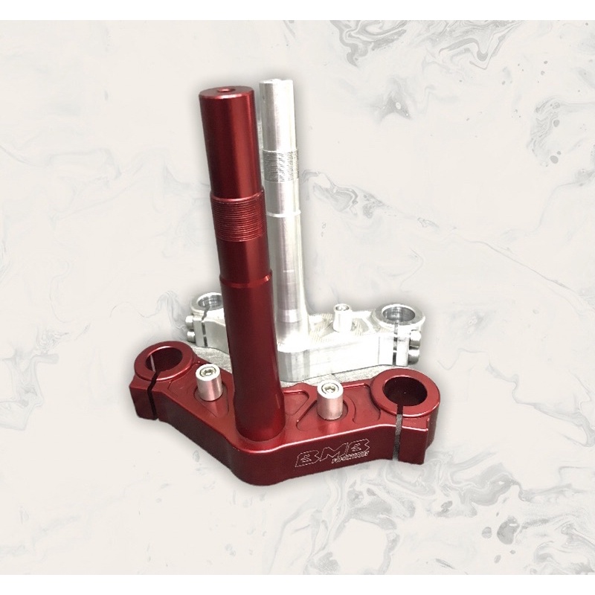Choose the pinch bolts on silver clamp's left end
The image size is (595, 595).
tap(192, 320)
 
